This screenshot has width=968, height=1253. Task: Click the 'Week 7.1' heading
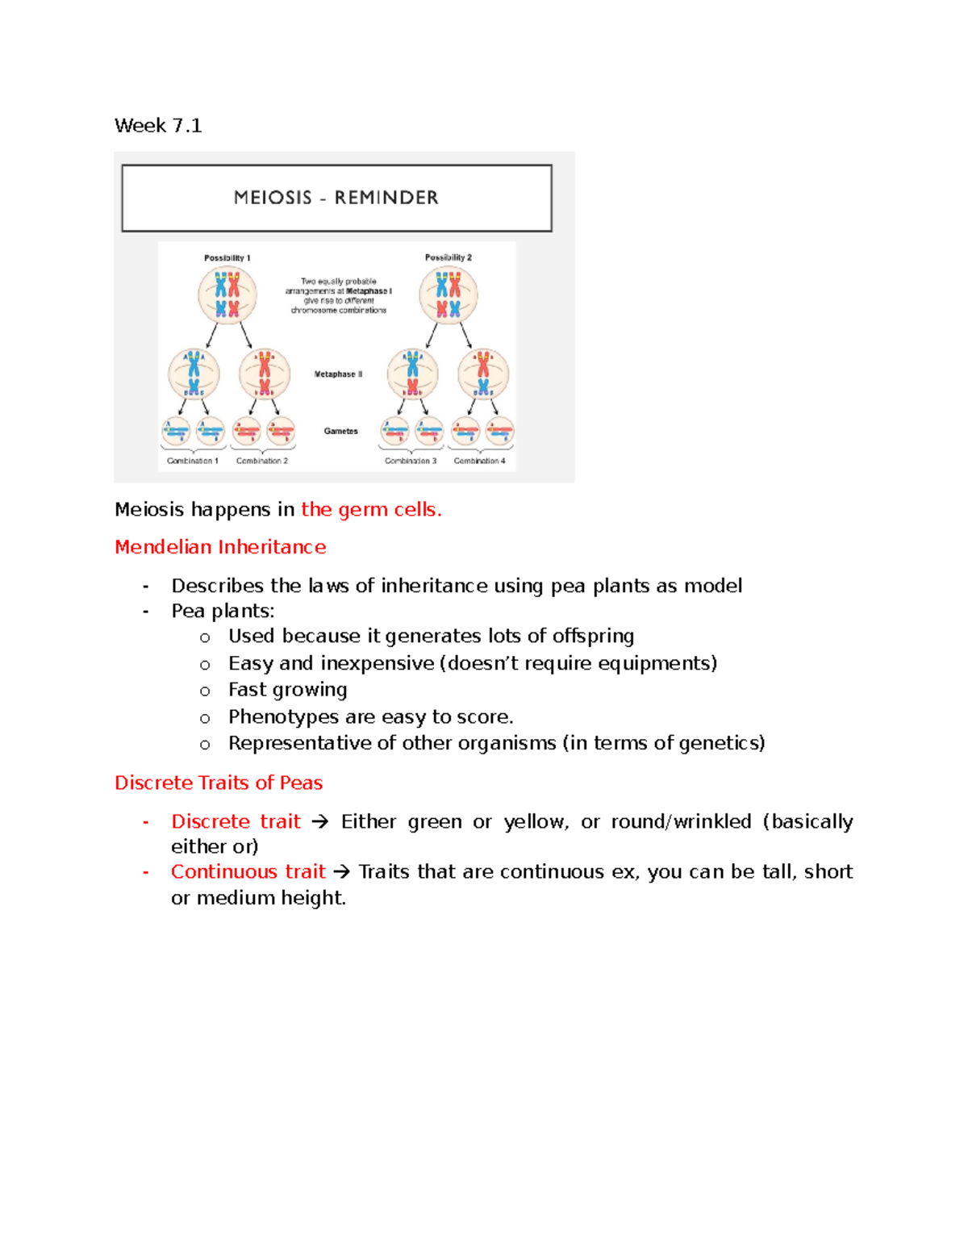158,126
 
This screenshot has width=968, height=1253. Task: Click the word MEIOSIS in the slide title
272,198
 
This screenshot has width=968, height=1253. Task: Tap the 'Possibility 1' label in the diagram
227,258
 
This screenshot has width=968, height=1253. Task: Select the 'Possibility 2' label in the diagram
449,257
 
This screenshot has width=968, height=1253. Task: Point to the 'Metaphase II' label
338,374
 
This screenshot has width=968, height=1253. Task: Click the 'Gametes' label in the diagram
340,431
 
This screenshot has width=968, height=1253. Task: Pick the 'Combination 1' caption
192,461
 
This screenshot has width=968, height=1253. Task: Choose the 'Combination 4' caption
479,461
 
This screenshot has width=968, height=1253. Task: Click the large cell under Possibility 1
227,296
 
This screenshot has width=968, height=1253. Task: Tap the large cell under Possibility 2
449,296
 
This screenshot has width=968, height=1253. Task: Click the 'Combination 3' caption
411,461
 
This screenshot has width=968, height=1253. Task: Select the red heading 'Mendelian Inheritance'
220,547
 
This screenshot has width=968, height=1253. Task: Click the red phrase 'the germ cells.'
371,510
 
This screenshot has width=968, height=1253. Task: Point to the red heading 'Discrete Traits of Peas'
219,783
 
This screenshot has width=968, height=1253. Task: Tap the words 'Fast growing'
287,690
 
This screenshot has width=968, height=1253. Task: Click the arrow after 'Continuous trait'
341,872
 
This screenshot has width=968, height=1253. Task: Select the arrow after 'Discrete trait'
319,822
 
